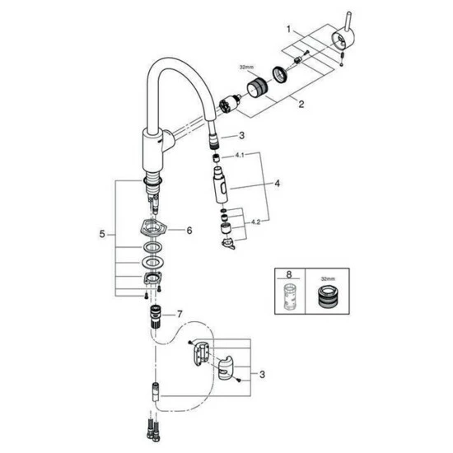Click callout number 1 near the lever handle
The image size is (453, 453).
click(288, 29)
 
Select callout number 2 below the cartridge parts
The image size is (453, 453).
click(301, 104)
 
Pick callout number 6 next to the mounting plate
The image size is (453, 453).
click(189, 231)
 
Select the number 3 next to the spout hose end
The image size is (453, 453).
click(241, 135)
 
